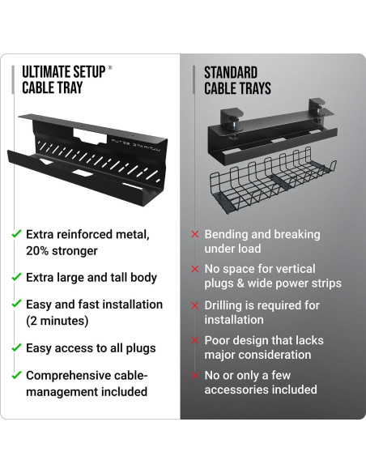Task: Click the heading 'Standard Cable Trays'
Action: (236, 79)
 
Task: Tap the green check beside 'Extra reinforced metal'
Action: (16, 234)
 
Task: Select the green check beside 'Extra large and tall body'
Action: (16, 278)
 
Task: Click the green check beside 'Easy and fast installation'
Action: (16, 305)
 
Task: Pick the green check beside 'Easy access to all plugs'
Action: (16, 348)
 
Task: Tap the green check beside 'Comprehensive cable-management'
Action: (16, 375)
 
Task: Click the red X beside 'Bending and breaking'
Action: (194, 234)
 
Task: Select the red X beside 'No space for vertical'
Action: (194, 268)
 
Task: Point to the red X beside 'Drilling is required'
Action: (194, 305)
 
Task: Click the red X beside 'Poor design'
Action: (194, 341)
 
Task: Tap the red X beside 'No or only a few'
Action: (194, 376)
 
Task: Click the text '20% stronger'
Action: (62, 250)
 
